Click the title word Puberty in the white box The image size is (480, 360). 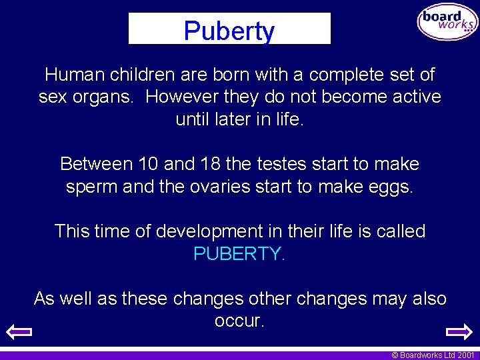click(229, 31)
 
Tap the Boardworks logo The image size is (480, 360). click(447, 23)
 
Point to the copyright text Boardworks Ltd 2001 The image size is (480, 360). click(433, 355)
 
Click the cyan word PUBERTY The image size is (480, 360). click(239, 254)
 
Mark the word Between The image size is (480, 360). click(97, 163)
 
